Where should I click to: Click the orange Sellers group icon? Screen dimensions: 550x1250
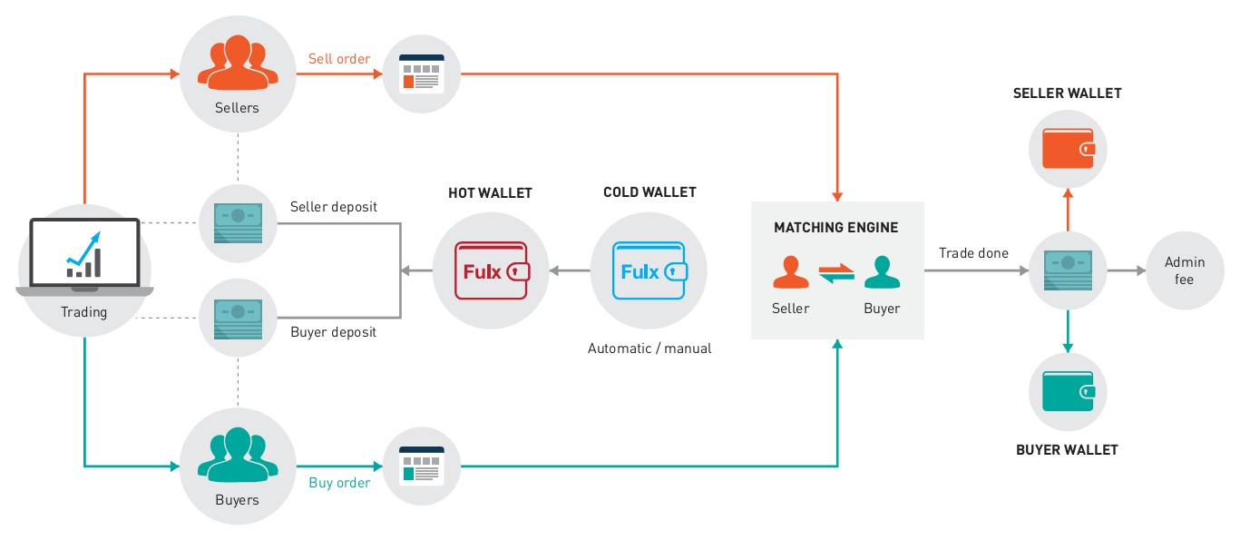point(238,64)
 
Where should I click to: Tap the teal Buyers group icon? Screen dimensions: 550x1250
point(238,456)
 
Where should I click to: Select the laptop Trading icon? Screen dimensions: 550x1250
point(84,256)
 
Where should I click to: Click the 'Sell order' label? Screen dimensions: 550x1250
point(339,59)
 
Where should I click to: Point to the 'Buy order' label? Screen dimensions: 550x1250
point(339,483)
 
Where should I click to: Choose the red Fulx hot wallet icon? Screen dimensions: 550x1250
point(491,270)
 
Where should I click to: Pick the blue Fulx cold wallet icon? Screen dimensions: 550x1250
point(649,270)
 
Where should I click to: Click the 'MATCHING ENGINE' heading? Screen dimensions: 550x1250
point(835,228)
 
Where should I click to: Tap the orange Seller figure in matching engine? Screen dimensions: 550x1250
point(790,271)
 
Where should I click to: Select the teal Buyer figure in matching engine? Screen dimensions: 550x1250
point(881,271)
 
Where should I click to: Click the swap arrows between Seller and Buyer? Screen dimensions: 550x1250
point(835,272)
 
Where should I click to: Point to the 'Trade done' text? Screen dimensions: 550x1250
point(973,253)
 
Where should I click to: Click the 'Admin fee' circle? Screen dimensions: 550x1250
point(1185,270)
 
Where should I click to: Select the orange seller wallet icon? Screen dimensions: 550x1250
point(1068,149)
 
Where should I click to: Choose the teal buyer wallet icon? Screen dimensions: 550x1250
point(1068,391)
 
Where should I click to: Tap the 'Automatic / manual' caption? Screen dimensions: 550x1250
point(649,349)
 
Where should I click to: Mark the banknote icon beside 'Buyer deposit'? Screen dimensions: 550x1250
point(238,319)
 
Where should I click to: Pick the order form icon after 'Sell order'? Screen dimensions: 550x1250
point(414,74)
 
